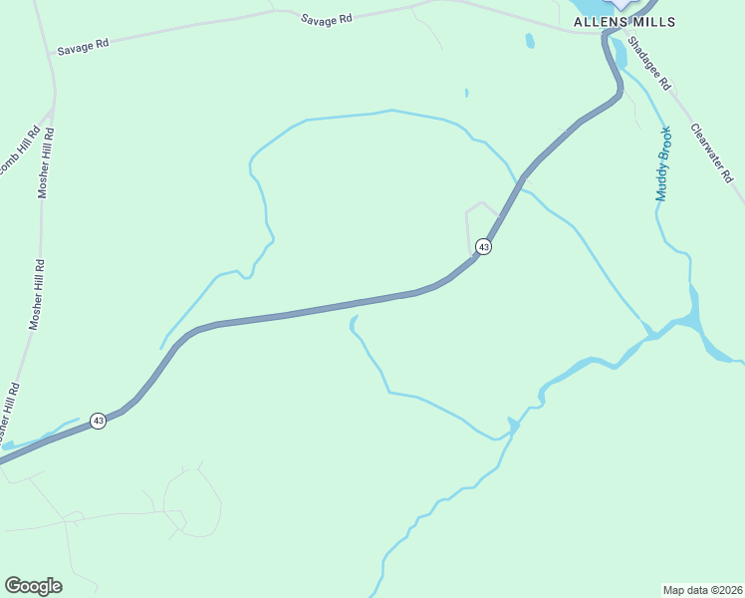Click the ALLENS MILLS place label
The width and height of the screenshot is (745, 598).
624,22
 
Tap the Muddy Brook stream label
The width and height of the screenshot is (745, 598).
663,163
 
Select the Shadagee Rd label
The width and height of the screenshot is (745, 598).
650,71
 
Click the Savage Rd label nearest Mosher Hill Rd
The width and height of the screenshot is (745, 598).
82,48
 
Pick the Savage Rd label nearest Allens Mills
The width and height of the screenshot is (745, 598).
326,18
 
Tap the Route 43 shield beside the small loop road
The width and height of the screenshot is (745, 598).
483,246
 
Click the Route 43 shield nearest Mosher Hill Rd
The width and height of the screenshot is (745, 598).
98,421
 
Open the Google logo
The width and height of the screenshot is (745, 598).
33,586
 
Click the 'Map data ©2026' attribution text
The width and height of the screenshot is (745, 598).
702,589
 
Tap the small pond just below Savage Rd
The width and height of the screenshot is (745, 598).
530,41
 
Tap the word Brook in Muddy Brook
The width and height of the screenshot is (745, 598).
665,146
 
